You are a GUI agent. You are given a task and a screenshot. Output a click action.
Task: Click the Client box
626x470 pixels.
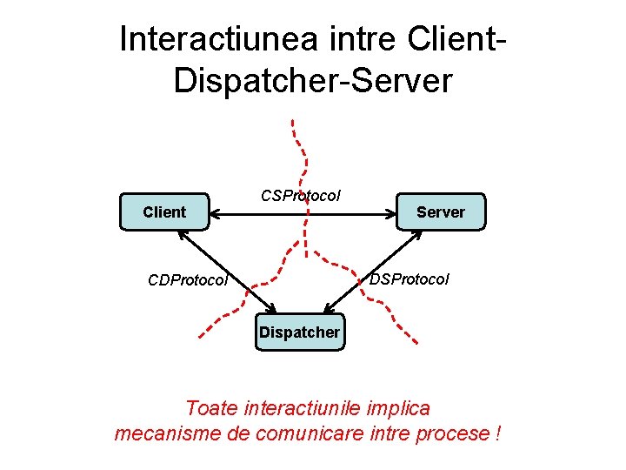tap(164, 211)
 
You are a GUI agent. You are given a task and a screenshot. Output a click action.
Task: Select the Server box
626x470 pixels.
tap(440, 211)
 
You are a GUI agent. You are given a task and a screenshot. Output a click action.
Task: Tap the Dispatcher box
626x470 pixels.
tap(299, 332)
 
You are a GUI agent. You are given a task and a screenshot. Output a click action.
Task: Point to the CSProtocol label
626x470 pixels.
tap(301, 196)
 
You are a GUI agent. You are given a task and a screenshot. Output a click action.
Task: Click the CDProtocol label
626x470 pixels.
tap(188, 280)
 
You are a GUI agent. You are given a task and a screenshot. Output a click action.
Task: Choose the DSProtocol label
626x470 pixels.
tap(410, 279)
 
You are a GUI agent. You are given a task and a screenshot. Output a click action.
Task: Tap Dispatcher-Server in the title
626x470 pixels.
tap(313, 80)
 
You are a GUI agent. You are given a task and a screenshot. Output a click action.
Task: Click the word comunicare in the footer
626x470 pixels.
tap(314, 433)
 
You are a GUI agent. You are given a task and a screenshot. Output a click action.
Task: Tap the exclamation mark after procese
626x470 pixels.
tap(496, 433)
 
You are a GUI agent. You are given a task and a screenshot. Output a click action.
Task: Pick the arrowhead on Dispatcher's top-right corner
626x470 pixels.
tap(329, 308)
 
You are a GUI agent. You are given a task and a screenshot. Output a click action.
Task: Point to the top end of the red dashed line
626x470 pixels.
tap(293, 121)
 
